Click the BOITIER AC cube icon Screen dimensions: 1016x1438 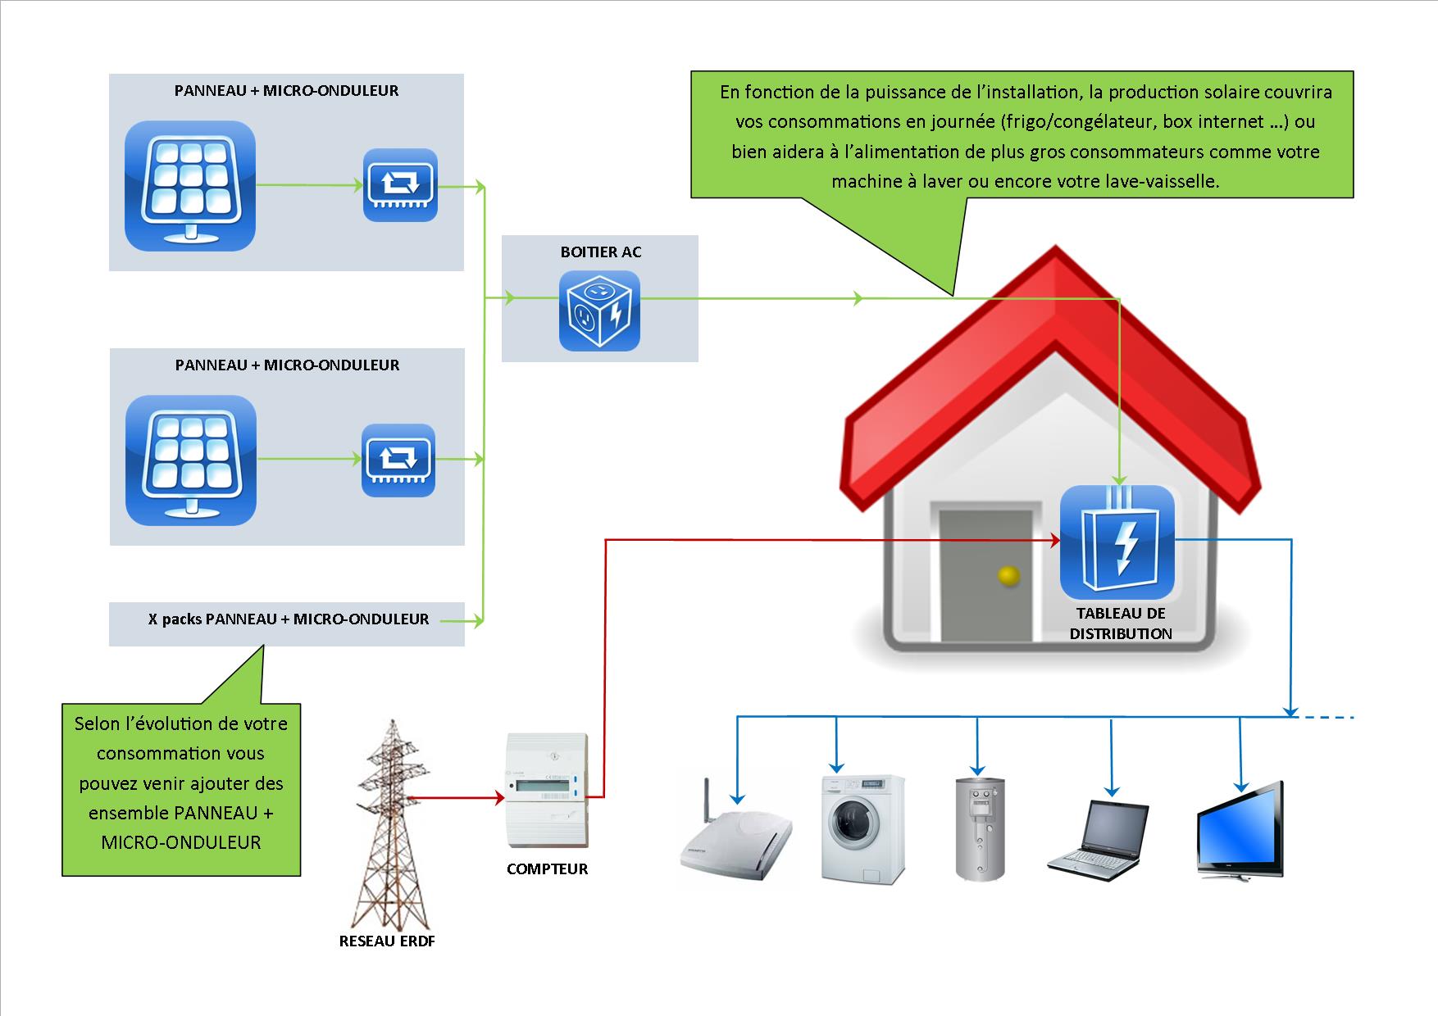click(x=599, y=311)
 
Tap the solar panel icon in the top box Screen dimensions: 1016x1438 click(x=190, y=186)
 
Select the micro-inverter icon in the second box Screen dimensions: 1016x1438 click(x=398, y=460)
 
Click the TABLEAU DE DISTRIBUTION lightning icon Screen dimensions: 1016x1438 click(x=1117, y=542)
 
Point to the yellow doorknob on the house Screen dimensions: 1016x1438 click(x=1008, y=576)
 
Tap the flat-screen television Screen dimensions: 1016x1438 click(x=1240, y=829)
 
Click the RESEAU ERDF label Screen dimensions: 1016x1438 click(x=387, y=941)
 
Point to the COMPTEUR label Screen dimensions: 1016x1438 click(x=547, y=869)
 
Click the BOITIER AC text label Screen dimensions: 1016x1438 click(x=601, y=252)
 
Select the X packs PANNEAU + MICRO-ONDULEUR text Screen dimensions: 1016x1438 click(x=289, y=619)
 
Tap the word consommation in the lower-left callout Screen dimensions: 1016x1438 click(x=180, y=753)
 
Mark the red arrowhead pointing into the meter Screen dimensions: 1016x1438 click(x=499, y=797)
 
